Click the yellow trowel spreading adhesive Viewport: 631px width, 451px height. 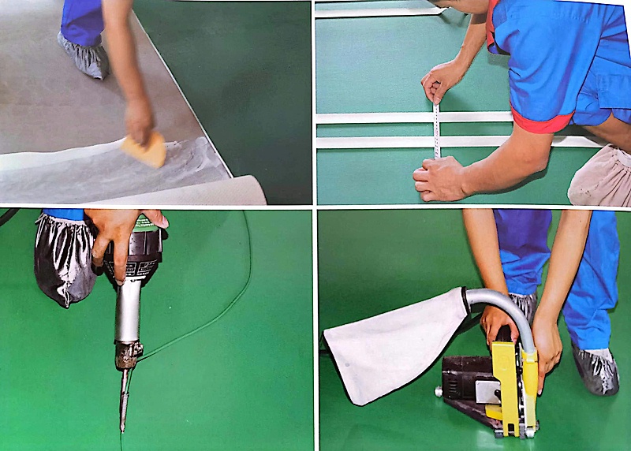tap(145, 149)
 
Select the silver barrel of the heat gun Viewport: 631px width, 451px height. tap(128, 311)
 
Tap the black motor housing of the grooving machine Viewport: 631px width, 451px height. tap(465, 378)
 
